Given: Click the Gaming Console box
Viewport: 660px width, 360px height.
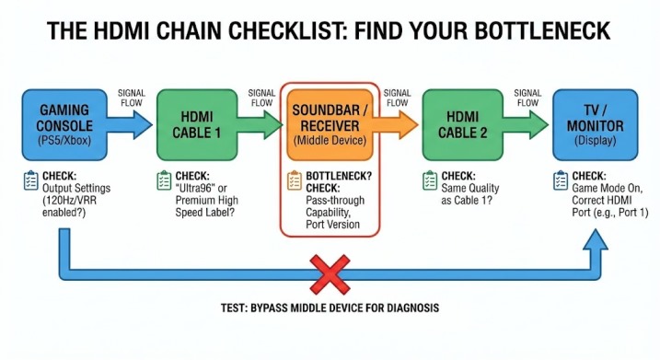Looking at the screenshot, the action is [64, 124].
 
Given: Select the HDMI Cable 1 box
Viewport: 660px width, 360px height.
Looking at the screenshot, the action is [197, 124].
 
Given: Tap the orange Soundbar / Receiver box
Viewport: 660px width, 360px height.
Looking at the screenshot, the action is [330, 124].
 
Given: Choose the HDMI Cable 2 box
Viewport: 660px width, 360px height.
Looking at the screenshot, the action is [463, 124].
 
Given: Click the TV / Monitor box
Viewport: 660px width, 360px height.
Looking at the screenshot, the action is [596, 124].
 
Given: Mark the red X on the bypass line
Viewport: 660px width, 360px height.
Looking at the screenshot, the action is [330, 274].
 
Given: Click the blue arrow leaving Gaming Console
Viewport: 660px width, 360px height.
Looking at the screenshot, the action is [130, 124].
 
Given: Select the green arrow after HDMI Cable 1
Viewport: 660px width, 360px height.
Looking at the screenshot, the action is [261, 124].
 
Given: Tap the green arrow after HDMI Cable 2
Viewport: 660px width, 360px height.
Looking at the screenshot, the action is [526, 124].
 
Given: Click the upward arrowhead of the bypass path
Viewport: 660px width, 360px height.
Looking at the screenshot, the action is [596, 239].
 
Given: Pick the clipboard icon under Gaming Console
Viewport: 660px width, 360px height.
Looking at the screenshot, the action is [30, 180].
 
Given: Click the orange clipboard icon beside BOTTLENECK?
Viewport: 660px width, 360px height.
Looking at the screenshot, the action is [295, 180].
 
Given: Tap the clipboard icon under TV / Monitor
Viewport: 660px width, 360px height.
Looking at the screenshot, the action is [561, 180].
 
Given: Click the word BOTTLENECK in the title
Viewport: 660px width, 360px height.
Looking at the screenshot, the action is [542, 30].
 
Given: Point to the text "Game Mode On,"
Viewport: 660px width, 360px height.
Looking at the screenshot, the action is [607, 188].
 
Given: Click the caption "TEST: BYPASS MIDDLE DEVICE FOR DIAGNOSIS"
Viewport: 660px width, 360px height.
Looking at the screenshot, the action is [330, 308].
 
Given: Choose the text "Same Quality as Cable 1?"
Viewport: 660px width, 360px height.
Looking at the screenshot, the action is [469, 194].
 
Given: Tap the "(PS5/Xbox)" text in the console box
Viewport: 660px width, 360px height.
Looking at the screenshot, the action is [64, 140].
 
